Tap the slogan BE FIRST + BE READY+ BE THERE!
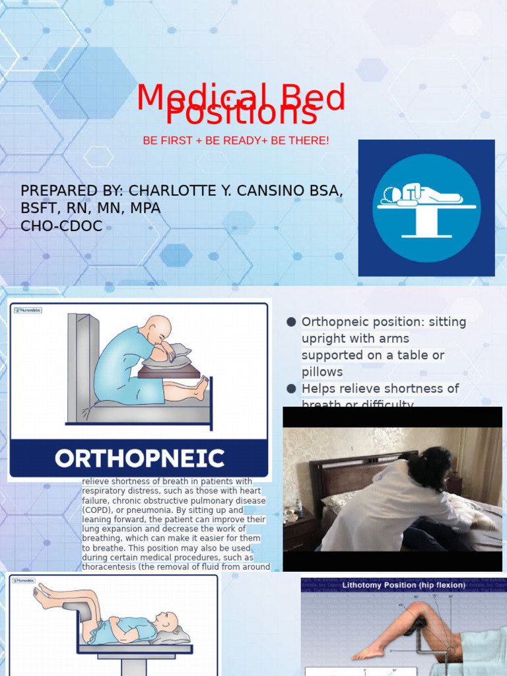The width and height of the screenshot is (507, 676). click(236, 141)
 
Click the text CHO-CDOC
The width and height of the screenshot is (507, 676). click(61, 226)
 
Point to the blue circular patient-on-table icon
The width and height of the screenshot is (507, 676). click(426, 208)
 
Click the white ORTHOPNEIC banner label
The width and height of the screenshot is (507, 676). click(139, 458)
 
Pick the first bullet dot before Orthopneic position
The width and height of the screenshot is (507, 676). click(291, 322)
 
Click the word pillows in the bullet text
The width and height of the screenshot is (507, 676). click(322, 372)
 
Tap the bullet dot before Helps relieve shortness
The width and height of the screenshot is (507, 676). click(291, 388)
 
